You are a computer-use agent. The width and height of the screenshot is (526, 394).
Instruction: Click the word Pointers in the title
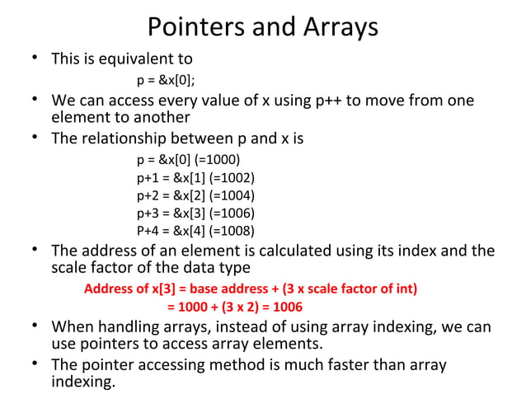192,27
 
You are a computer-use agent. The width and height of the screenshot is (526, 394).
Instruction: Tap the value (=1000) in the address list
221,160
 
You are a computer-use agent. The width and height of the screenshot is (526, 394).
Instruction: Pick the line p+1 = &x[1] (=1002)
195,177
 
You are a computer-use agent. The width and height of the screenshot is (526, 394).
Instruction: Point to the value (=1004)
232,195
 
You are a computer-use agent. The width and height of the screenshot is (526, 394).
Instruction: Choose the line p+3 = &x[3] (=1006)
195,213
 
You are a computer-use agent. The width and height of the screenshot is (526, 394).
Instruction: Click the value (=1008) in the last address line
232,230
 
